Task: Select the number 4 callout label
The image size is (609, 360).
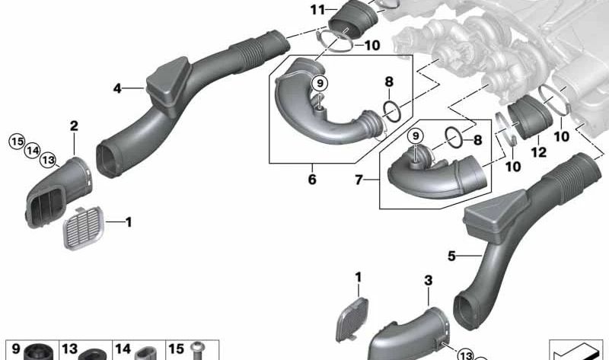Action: tap(118, 89)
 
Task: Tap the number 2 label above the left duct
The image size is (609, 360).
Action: tap(75, 126)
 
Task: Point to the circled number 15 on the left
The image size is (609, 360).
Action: tap(16, 140)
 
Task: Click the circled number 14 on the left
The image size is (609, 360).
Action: tap(32, 150)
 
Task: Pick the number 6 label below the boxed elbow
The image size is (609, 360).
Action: tap(311, 180)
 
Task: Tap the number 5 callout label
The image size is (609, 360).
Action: tap(451, 256)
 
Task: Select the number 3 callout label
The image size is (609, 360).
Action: tap(428, 281)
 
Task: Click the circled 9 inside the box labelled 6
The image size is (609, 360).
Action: tap(320, 82)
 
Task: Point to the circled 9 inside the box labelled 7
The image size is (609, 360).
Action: tap(416, 136)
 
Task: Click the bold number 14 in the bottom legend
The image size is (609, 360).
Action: tap(123, 349)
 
